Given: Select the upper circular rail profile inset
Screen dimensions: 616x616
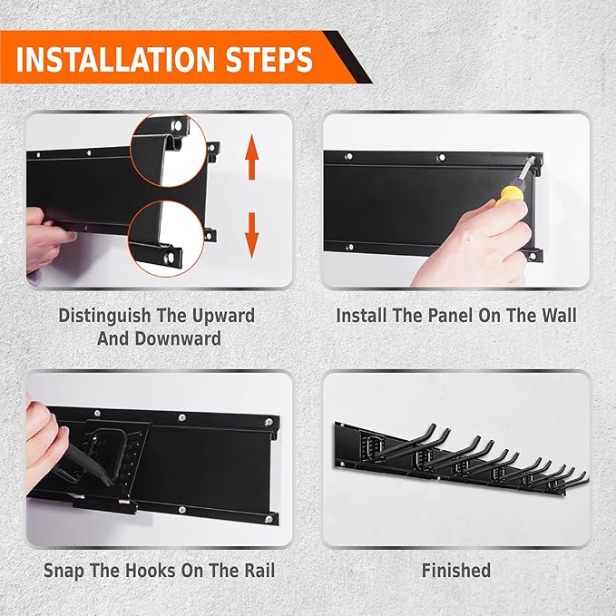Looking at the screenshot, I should point(168,148).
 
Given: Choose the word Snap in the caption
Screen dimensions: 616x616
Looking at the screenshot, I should point(64,571).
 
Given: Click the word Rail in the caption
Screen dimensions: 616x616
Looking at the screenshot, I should point(255,571).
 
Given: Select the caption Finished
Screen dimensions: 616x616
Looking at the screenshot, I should point(455,571).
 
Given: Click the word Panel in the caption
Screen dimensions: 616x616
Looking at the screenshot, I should point(445,316).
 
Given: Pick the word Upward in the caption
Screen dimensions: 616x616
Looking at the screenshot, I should point(217,316).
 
